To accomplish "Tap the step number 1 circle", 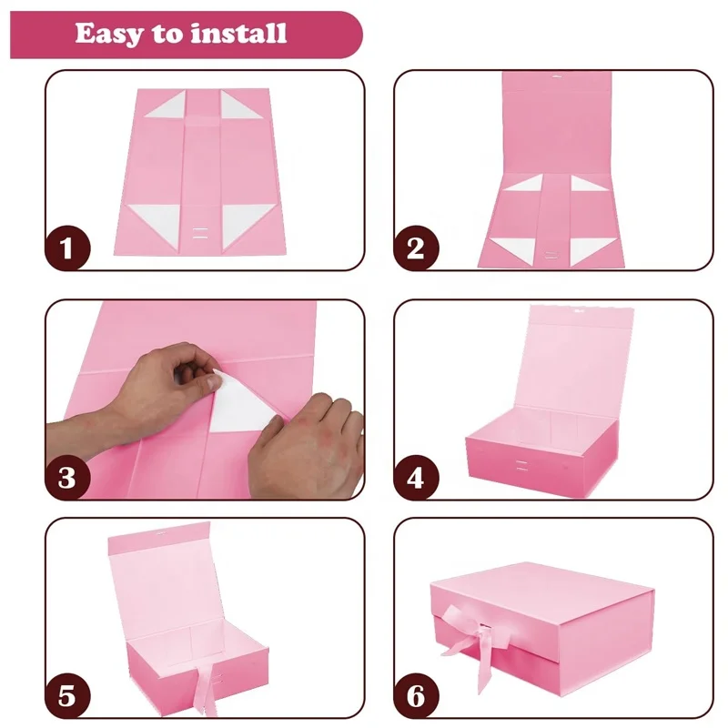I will (x=67, y=248).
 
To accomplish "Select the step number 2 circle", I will (x=415, y=248).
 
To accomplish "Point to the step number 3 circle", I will (x=67, y=476).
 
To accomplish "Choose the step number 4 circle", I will (x=415, y=476).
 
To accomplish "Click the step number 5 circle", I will (x=67, y=696).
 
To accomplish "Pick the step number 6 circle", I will (x=415, y=696).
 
